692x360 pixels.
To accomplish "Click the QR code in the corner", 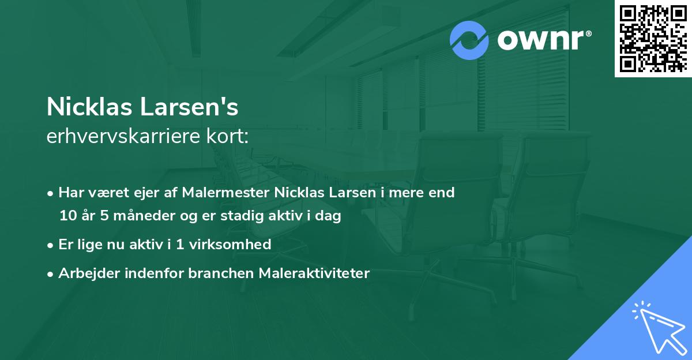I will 653,38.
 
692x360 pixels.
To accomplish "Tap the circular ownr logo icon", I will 469,40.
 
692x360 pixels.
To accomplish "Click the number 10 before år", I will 67,216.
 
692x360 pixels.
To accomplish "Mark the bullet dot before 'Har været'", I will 51,193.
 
